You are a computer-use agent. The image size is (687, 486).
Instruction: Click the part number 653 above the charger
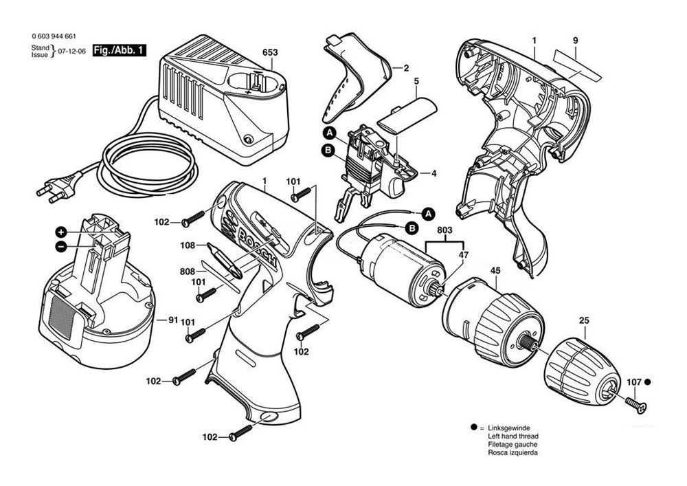click(270, 52)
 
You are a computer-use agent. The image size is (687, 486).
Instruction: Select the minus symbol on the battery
click(61, 245)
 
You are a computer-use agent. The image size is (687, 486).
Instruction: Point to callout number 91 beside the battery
click(172, 320)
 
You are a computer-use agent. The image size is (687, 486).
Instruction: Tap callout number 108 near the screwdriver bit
click(188, 244)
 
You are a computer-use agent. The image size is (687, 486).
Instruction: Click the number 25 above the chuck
click(584, 320)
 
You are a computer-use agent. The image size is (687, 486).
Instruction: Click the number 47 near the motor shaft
click(463, 254)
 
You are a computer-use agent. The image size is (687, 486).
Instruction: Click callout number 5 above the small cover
click(416, 82)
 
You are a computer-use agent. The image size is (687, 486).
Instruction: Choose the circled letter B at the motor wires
click(412, 228)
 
